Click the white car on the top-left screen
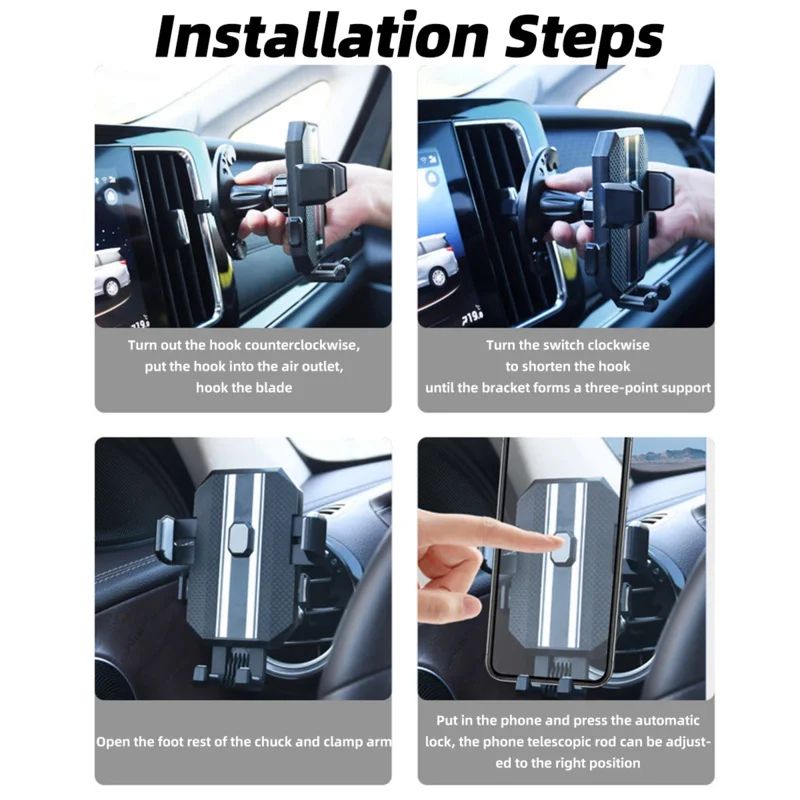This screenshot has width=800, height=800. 110,273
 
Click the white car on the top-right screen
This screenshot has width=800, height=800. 437,262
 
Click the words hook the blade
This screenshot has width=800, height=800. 243,387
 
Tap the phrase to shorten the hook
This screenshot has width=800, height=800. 567,366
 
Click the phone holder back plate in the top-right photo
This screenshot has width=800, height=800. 620,200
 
